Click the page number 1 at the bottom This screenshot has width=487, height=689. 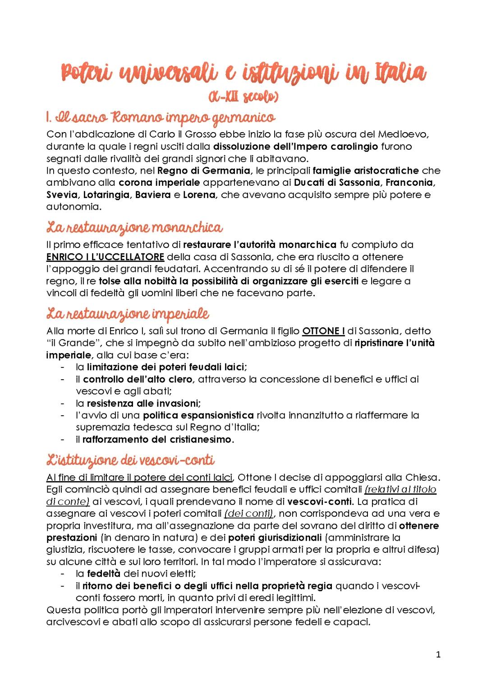coord(438,654)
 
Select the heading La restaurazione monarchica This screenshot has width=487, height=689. coord(134,227)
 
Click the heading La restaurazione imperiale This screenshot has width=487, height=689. coord(128,313)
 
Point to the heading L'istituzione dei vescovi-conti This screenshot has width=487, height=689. coord(130,460)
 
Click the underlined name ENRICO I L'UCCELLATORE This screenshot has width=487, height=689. coord(105,257)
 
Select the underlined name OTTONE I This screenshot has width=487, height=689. coord(323,331)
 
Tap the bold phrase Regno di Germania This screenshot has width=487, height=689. coord(204,170)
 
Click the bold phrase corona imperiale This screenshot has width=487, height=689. coord(159,183)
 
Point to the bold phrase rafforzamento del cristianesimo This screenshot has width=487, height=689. coord(157,439)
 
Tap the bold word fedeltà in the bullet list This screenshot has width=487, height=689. coord(104,574)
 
